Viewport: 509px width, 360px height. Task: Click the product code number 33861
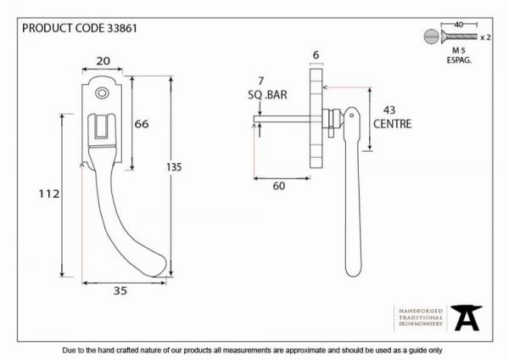(x=121, y=28)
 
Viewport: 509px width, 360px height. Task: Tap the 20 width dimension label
(x=103, y=61)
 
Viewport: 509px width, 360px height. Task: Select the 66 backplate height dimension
(x=142, y=124)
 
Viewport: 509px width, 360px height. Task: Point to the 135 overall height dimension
(x=174, y=167)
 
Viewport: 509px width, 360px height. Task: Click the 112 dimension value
(x=49, y=194)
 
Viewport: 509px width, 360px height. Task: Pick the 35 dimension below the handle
(x=120, y=290)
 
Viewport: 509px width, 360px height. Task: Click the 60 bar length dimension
(x=279, y=186)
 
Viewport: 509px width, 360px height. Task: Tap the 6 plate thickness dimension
(x=316, y=55)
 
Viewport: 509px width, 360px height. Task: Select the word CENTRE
(x=392, y=124)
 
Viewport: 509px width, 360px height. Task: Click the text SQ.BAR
(x=267, y=95)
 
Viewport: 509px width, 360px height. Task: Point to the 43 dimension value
(x=389, y=110)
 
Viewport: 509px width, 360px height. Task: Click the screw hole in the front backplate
(x=102, y=93)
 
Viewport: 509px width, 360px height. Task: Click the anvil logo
(x=467, y=318)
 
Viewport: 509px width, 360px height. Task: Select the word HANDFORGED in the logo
(x=421, y=311)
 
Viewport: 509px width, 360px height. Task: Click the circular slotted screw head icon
(x=431, y=37)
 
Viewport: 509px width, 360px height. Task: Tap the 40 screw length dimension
(x=459, y=25)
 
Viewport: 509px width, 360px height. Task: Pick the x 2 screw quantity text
(x=485, y=37)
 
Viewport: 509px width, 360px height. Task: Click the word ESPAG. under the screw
(x=459, y=60)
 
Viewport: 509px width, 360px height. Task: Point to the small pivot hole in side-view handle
(x=351, y=115)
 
